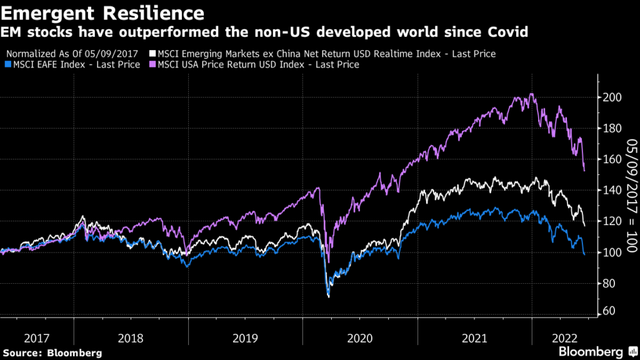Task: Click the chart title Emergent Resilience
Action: (102, 12)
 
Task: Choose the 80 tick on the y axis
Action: (609, 283)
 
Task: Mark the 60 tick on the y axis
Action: (609, 311)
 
